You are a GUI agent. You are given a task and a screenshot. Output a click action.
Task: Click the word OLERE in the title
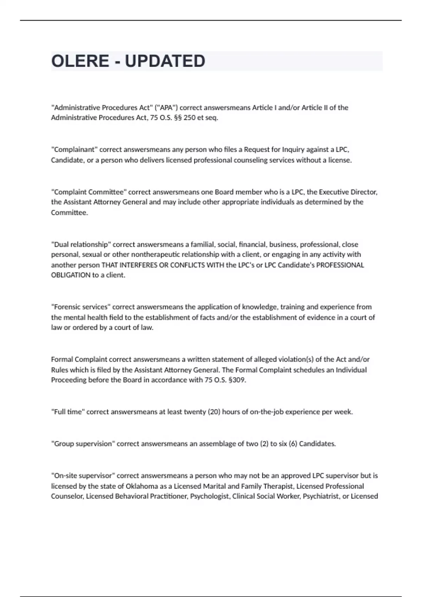pos(80,61)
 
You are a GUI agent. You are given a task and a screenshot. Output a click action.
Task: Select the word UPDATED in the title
pos(165,61)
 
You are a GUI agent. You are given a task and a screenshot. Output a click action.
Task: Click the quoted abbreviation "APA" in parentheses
pos(166,107)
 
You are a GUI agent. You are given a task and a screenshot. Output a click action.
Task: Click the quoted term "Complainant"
pos(74,150)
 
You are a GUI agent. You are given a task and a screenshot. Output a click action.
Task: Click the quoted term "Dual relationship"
pos(81,244)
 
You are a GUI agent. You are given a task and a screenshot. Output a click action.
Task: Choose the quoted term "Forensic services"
pos(81,307)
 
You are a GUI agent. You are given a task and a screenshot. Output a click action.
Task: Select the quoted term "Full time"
pos(68,412)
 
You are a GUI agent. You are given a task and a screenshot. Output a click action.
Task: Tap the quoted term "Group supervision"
pos(83,444)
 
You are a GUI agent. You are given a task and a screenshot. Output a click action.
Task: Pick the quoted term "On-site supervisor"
pos(83,476)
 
